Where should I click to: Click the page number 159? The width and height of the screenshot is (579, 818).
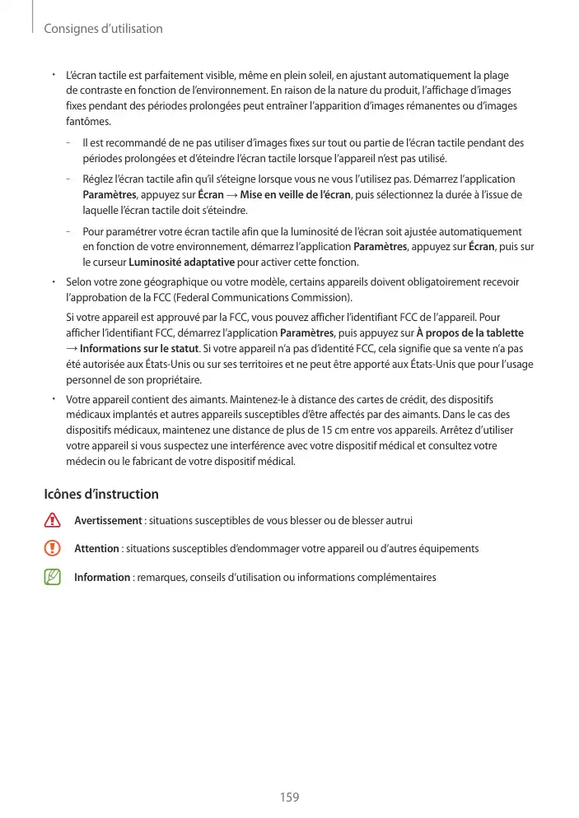(288, 797)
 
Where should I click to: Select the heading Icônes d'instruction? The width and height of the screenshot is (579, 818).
(100, 495)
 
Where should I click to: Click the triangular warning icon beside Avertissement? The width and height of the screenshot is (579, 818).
(54, 521)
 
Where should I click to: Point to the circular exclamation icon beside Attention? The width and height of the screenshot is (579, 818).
(54, 549)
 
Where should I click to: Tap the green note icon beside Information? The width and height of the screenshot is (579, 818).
(54, 577)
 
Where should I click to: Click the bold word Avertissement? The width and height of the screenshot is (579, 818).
(108, 521)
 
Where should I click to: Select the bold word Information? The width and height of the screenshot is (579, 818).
(102, 577)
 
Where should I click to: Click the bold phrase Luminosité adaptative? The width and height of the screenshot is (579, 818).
(181, 263)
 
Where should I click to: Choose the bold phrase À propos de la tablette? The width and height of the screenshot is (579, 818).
(469, 332)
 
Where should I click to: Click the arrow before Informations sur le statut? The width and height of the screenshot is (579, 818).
(71, 348)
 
